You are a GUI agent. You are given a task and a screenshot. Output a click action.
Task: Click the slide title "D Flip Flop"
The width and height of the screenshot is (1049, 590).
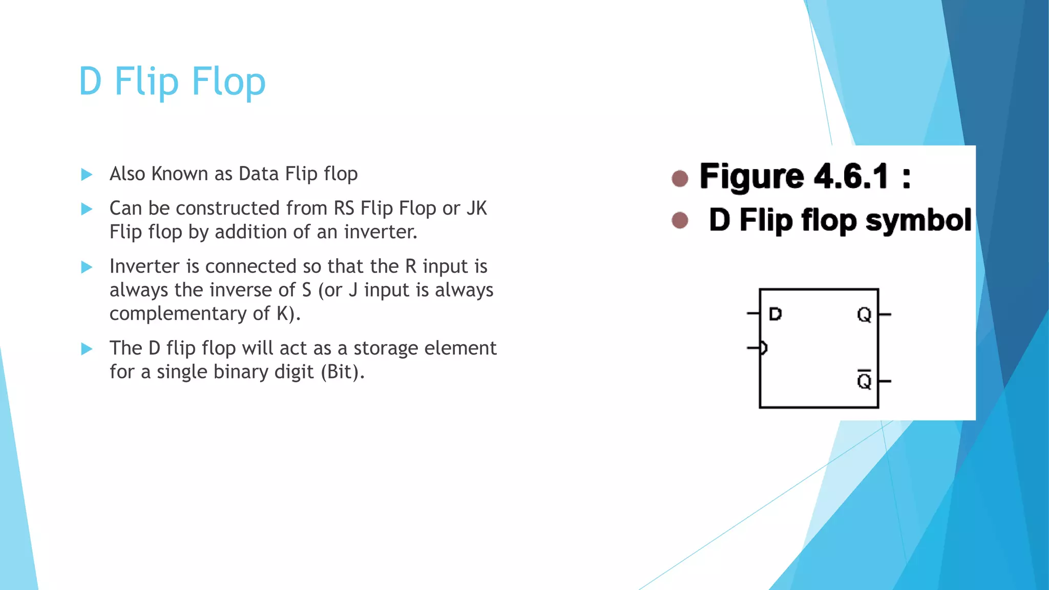[x=172, y=81]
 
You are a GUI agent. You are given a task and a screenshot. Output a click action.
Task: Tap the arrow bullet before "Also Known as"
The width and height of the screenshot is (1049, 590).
[x=87, y=175]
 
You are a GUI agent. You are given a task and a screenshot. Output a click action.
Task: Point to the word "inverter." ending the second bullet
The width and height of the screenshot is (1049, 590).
[x=381, y=232]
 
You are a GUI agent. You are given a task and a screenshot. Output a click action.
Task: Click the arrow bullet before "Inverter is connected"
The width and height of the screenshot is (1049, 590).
[x=87, y=267]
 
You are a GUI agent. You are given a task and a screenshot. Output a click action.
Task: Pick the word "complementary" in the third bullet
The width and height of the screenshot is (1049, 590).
[x=178, y=313]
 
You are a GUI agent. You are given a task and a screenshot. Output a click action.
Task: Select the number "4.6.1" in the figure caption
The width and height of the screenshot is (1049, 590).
[x=851, y=176]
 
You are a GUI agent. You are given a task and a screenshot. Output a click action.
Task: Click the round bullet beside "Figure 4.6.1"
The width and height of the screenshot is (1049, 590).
[x=680, y=178]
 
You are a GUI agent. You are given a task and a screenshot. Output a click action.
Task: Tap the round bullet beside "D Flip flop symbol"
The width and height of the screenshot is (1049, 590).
[x=680, y=220]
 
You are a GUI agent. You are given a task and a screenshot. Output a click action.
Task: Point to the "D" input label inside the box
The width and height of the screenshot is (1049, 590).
[x=775, y=314]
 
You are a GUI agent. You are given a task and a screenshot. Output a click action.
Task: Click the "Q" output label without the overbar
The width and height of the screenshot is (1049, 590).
[x=864, y=314]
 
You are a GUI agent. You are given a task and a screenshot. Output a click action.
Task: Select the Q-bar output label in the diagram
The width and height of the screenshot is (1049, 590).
[x=864, y=380]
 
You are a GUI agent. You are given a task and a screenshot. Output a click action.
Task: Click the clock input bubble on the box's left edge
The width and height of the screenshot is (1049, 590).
[x=763, y=348]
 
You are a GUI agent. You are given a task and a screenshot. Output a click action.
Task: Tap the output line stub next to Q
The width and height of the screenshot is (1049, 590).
[x=885, y=314]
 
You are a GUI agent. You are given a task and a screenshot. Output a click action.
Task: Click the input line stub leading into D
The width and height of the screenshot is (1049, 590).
[x=753, y=313]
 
